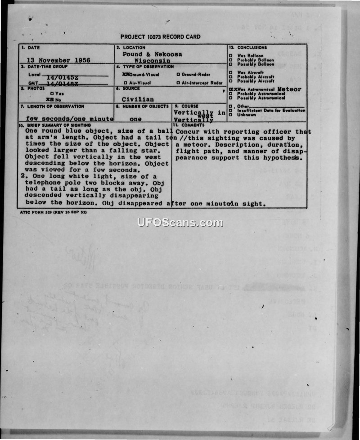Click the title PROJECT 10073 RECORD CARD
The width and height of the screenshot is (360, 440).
point(161,37)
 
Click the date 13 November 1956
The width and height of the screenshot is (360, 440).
point(58,60)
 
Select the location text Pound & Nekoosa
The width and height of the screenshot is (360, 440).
point(153,54)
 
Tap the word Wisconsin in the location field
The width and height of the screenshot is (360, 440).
point(153,60)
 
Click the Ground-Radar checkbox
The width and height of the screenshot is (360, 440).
point(179,74)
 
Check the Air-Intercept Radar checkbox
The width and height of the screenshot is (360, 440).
point(179,83)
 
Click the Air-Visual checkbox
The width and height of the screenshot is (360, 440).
point(126,83)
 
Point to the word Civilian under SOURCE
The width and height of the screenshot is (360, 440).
point(137,99)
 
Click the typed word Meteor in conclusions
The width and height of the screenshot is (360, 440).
point(289,89)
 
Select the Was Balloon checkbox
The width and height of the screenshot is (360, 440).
point(230,56)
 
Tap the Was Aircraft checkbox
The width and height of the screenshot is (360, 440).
point(230,72)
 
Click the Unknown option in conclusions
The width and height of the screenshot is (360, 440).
point(230,115)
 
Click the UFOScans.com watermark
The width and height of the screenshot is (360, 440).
point(180,223)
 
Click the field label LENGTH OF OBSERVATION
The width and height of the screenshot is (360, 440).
point(55,107)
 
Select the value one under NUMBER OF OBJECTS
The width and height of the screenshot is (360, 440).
point(135,119)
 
